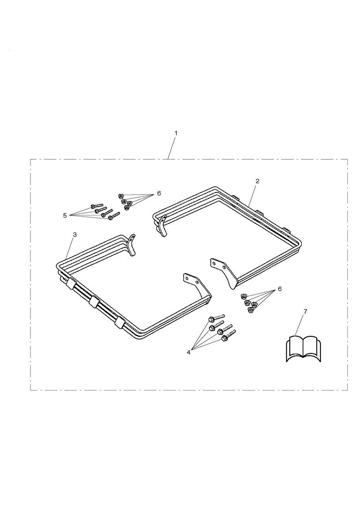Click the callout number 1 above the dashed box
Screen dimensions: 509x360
point(176,133)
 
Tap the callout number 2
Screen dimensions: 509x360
point(257,181)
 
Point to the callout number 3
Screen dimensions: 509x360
point(75,235)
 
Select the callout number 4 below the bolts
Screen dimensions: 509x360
point(189,352)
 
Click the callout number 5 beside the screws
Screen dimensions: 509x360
point(65,215)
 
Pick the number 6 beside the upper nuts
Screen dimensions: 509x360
point(159,193)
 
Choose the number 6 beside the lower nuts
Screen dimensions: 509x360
point(280,289)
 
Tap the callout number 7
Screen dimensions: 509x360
point(305,312)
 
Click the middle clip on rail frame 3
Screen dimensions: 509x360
point(94,303)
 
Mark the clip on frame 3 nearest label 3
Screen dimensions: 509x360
point(70,283)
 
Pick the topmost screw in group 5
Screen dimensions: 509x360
point(97,205)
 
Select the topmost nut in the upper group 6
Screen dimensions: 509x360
point(121,196)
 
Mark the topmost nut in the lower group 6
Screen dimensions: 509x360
point(243,296)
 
